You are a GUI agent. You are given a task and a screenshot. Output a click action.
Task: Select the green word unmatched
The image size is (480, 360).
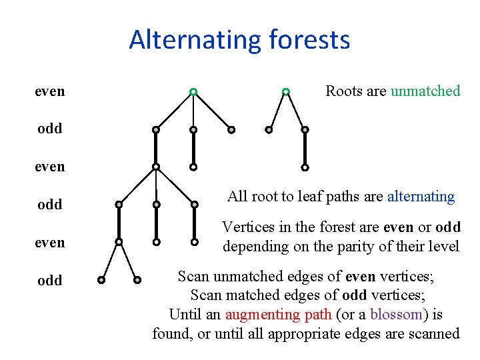pos(425,91)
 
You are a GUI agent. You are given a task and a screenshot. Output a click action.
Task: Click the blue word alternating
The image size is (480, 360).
pos(421,197)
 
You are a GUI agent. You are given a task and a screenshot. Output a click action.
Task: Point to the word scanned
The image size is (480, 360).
pos(433,333)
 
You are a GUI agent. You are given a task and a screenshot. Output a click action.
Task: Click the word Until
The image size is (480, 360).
pos(186,314)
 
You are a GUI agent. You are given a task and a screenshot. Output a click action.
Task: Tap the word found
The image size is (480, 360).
pos(171,333)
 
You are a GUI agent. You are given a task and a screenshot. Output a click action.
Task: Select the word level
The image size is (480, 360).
pos(444,246)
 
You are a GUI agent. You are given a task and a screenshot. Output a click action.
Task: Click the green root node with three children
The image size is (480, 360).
pos(193,91)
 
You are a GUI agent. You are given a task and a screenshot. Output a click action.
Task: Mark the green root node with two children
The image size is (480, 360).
pos(285,91)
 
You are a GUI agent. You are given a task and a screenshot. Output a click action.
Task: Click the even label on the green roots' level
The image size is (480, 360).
pos(50,91)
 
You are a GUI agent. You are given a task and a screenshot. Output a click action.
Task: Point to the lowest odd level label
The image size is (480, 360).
pos(50,280)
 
